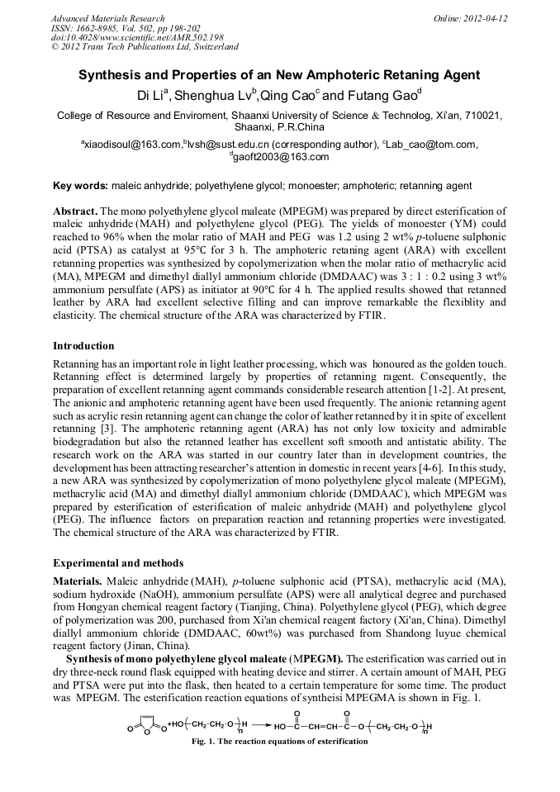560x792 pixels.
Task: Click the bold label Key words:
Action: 80,186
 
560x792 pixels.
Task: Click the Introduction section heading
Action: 83,345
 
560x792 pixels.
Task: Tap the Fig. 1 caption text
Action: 279,742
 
